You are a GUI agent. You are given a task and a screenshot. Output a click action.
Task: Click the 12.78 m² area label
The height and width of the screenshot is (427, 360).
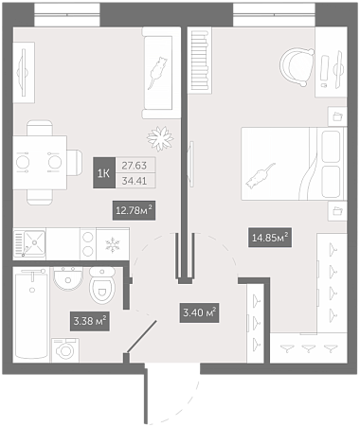pos(135,210)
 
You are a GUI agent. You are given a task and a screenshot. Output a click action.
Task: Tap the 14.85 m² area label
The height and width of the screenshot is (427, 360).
pos(270,238)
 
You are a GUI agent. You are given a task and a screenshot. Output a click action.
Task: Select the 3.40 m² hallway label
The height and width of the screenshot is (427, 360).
pos(199,312)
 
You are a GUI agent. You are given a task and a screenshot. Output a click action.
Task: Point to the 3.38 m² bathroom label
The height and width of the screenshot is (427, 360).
pos(90,321)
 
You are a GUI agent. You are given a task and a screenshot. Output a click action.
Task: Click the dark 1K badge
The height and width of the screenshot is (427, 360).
pos(104,173)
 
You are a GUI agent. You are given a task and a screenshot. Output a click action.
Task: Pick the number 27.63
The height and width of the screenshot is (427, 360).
pos(135,165)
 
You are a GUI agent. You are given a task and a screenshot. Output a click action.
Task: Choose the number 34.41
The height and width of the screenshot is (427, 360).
pos(135,181)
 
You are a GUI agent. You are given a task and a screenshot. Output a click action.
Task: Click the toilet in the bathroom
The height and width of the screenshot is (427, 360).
pos(101,285)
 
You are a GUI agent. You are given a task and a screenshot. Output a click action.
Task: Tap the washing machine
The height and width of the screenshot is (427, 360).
pos(65,350)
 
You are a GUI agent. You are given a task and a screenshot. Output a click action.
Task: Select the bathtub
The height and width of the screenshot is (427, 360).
pos(31,315)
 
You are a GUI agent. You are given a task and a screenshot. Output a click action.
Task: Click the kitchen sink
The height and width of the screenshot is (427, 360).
pos(30,243)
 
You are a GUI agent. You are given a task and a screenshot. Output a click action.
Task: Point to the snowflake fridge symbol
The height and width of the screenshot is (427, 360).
pos(113,245)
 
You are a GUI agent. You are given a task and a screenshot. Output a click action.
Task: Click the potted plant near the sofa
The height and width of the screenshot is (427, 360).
pos(160,138)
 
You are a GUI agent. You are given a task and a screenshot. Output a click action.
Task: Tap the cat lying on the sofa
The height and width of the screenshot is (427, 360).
pos(157,72)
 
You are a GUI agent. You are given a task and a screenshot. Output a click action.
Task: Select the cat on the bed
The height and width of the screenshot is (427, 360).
pos(261,177)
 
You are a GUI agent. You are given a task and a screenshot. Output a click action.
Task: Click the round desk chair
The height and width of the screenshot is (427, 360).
pos(297,67)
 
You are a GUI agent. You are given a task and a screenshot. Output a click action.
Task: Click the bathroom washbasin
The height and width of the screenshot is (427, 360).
pos(68,278)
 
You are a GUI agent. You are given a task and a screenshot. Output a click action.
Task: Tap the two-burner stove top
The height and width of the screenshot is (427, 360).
pos(88,244)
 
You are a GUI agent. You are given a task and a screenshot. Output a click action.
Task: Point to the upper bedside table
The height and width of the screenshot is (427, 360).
pos(337,116)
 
